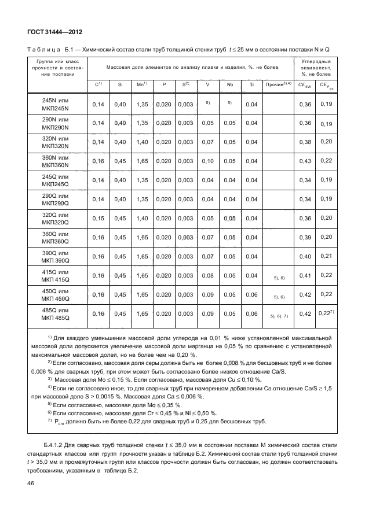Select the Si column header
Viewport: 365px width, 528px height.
tap(120, 84)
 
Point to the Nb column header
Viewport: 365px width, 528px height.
tap(230, 84)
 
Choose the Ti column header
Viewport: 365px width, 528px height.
tap(251, 84)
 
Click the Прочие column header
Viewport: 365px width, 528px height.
tap(278, 84)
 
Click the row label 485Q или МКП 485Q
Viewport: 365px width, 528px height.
tap(56, 314)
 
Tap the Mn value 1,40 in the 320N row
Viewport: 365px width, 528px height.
tap(142, 142)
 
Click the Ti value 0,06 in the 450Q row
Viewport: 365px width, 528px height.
tap(251, 295)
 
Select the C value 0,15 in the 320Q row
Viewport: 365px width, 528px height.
tap(98, 218)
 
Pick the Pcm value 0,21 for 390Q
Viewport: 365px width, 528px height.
tap(326, 256)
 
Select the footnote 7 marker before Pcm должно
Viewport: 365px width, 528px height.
tap(49, 421)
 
